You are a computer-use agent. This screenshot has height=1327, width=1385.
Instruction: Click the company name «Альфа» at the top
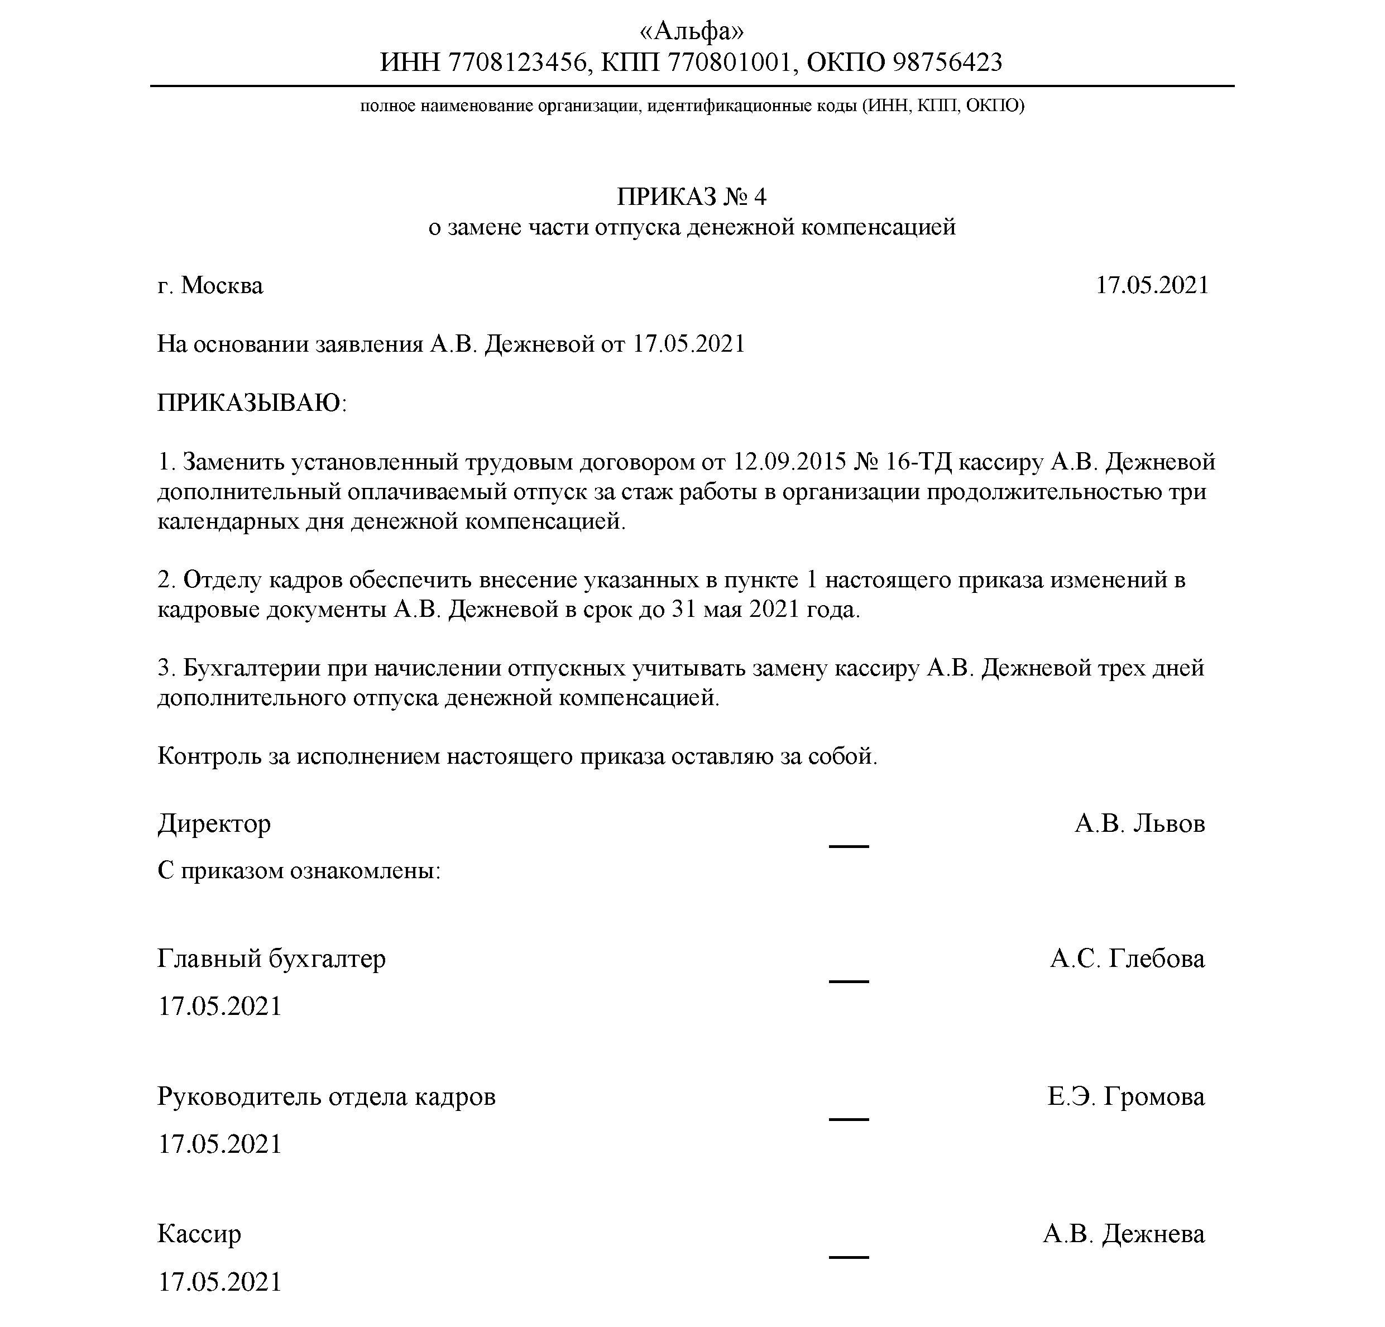point(691,31)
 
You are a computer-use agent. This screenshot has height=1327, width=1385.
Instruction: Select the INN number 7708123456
point(518,63)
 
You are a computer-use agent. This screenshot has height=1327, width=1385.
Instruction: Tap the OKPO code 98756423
point(947,63)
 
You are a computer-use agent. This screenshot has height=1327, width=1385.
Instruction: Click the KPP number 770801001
point(729,63)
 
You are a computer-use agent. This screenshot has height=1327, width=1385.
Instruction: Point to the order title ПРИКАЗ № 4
point(691,197)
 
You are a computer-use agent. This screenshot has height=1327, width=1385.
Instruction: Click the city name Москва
point(222,285)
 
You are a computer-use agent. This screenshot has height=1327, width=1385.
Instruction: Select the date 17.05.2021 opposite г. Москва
point(1152,285)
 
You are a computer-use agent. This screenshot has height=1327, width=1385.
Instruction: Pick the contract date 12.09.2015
point(790,462)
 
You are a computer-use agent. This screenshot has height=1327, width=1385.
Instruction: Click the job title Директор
point(214,824)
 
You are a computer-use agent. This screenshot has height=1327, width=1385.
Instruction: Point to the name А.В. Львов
point(1139,824)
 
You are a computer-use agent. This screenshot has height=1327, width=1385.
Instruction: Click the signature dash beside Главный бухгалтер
point(848,981)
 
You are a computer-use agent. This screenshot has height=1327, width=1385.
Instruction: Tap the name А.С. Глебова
point(1127,959)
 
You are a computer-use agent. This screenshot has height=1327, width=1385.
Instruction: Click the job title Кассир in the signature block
point(199,1234)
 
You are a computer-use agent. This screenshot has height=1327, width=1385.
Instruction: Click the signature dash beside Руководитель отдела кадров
point(848,1119)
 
